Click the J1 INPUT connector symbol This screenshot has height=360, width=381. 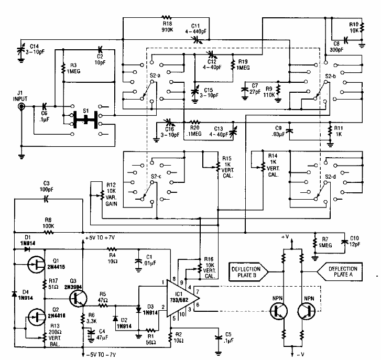[x=21, y=107]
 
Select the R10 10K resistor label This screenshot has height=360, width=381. [x=354, y=27]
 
